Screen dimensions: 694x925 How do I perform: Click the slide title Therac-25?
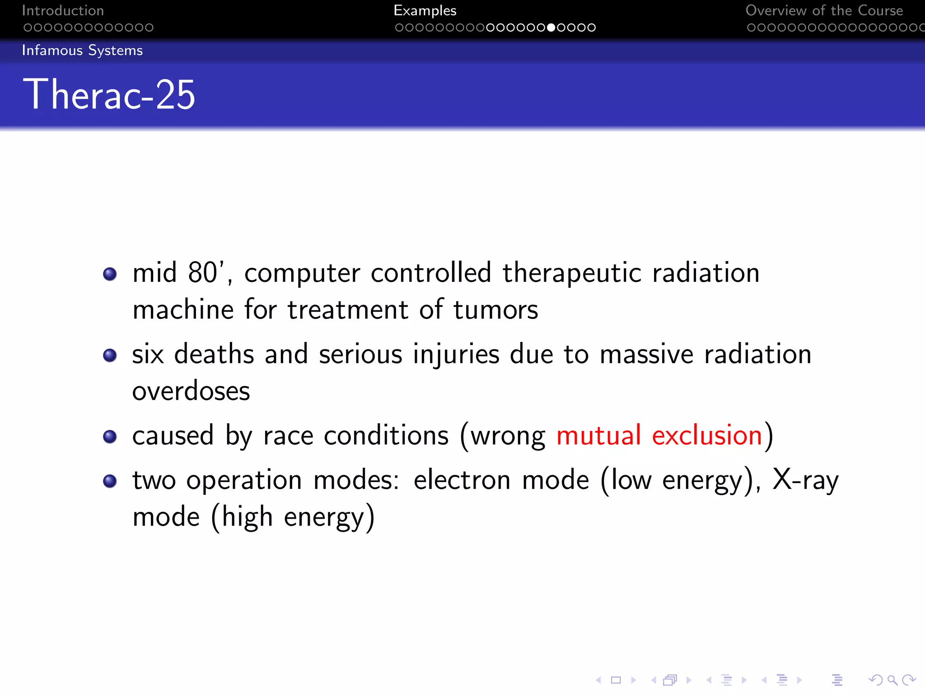pos(109,94)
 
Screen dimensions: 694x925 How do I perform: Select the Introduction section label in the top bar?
pos(63,10)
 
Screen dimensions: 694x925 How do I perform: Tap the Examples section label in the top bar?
pos(425,10)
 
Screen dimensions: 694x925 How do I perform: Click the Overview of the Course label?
pos(824,10)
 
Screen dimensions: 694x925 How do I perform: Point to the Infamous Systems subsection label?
pos(82,50)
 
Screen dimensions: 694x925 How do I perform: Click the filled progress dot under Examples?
pos(551,28)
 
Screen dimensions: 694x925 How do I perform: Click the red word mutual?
pos(598,436)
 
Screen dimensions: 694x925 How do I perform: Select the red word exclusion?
pos(707,436)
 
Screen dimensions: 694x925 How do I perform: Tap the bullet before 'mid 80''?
pos(110,274)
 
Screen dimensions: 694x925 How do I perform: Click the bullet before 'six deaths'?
pos(110,355)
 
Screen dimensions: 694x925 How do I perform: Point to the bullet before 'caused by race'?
pos(110,436)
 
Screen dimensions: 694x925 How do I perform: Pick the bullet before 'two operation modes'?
pos(110,481)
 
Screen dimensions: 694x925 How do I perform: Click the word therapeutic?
pos(572,274)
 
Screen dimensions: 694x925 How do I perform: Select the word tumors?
pos(495,310)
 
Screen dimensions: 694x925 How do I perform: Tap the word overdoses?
pos(191,391)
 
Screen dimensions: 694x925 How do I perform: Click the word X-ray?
pos(805,480)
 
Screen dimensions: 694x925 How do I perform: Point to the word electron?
pos(462,480)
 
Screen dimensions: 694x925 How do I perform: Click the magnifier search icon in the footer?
pos(892,680)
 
